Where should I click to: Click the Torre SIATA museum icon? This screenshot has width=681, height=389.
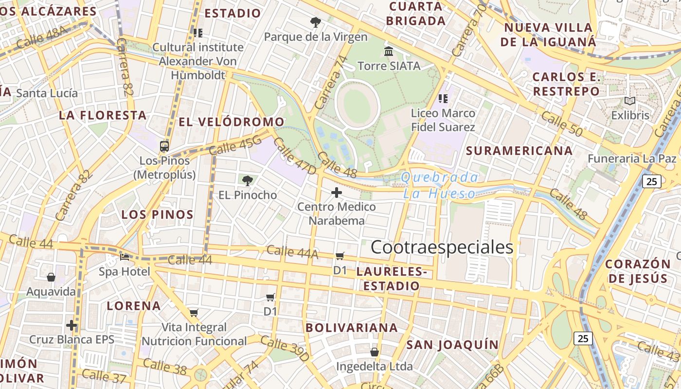(389, 51)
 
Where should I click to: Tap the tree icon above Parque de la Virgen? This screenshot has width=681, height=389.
(315, 22)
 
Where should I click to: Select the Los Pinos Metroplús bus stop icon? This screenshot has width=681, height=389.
(164, 146)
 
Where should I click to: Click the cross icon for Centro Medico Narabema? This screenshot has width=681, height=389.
(337, 193)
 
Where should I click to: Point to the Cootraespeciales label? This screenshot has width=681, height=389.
(442, 248)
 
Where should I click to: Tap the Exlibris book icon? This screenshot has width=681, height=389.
(630, 101)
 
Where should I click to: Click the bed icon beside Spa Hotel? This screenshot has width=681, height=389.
(125, 257)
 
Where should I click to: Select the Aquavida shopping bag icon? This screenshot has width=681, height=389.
(51, 278)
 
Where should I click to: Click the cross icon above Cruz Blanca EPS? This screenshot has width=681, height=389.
(72, 325)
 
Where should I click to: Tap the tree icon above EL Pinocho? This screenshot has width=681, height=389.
(248, 181)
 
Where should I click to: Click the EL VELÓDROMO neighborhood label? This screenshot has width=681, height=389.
(231, 122)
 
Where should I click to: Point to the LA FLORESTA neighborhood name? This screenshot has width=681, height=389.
(103, 115)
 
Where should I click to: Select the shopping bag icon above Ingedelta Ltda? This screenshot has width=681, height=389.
(374, 352)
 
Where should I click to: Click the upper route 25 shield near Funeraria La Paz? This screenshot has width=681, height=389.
(652, 181)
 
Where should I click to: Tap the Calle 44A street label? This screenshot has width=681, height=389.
(292, 251)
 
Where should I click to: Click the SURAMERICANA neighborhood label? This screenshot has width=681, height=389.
(519, 151)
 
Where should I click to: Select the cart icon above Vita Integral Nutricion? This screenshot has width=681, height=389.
(194, 313)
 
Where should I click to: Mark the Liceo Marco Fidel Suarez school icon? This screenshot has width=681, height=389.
(443, 99)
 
